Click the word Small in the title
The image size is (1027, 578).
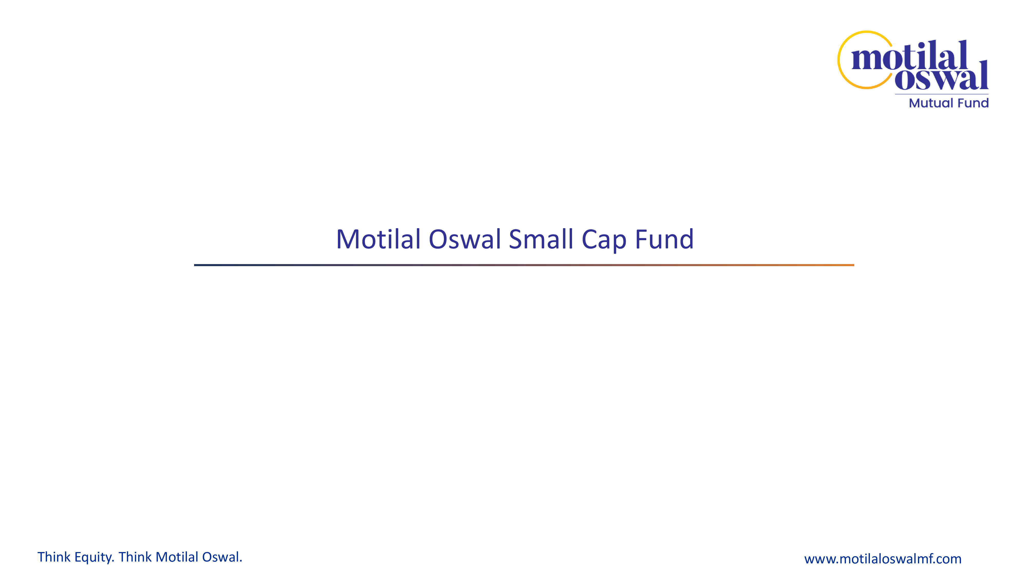tap(541, 239)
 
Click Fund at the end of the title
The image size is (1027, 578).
tap(664, 239)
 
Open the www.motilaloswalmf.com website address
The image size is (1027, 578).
tap(883, 559)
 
